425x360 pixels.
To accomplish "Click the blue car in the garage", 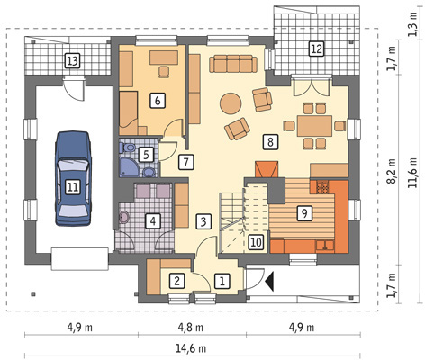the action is pyautogui.click(x=73, y=178).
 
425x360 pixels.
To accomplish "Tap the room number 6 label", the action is pyautogui.click(x=158, y=101).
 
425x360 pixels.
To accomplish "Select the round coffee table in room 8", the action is pyautogui.click(x=231, y=103).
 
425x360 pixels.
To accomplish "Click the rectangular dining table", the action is pyautogui.click(x=314, y=126).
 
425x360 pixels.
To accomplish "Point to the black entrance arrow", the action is pyautogui.click(x=269, y=281).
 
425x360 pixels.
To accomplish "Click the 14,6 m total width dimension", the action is pyautogui.click(x=191, y=348).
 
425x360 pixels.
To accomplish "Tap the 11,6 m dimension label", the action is pyautogui.click(x=413, y=173).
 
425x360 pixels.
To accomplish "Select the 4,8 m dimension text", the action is pyautogui.click(x=191, y=328).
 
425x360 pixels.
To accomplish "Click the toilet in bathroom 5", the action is pyautogui.click(x=128, y=148).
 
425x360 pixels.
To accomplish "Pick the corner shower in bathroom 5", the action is pyautogui.click(x=128, y=167).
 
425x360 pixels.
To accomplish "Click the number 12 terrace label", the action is pyautogui.click(x=316, y=49).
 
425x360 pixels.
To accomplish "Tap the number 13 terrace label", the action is pyautogui.click(x=72, y=61).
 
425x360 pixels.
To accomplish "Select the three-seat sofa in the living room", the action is pyautogui.click(x=233, y=64).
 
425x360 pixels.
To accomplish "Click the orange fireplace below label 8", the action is pyautogui.click(x=267, y=170).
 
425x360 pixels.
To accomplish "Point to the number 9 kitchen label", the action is pyautogui.click(x=304, y=213).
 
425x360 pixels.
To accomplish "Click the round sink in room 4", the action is pyautogui.click(x=123, y=217).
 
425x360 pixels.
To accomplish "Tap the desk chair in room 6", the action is pyautogui.click(x=164, y=72).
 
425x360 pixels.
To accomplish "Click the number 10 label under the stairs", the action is pyautogui.click(x=256, y=242).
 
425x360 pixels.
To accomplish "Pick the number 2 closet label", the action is pyautogui.click(x=176, y=281).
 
